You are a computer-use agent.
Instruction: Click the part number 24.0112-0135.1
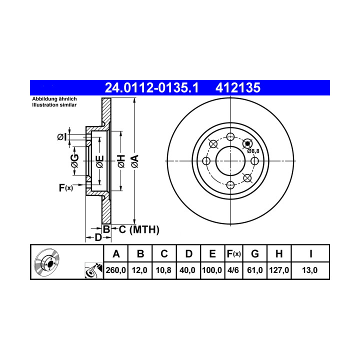[x=151, y=87]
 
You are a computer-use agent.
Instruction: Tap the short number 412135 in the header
[x=238, y=87]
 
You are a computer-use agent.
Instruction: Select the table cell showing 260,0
[x=115, y=270]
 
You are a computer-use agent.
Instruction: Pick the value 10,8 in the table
[x=163, y=270]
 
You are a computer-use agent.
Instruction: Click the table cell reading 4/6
[x=233, y=270]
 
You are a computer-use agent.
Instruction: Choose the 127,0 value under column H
[x=279, y=270]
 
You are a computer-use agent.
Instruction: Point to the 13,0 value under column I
[x=309, y=270]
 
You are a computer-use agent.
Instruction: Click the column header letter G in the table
[x=255, y=254]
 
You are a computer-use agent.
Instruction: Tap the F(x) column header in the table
[x=233, y=254]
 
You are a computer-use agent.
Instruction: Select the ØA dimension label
[x=135, y=161]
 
